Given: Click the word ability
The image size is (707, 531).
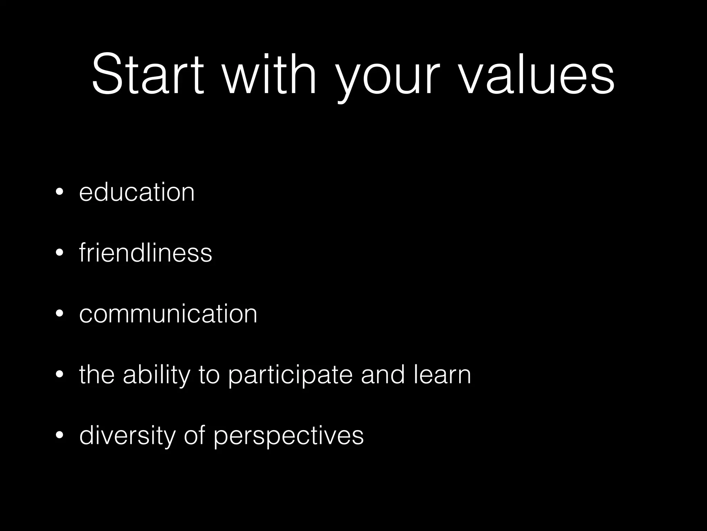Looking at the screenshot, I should click(157, 375).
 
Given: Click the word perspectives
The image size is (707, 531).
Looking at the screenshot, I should click(289, 436).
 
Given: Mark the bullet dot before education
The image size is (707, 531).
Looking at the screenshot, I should click(59, 192).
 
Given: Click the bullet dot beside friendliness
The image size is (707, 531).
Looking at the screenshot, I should click(59, 253).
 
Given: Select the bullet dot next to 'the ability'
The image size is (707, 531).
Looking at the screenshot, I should click(59, 375).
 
